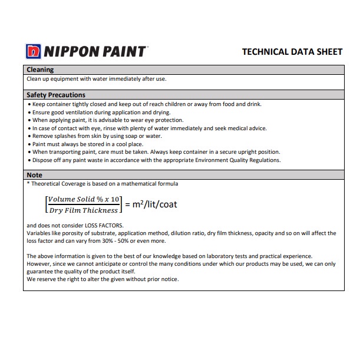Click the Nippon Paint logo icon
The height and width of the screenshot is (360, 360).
point(34,51)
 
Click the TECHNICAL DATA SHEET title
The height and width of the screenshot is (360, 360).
point(292,52)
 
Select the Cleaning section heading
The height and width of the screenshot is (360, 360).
point(40,70)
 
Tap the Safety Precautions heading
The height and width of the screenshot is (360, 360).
point(56,95)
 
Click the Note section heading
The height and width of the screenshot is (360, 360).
point(35,175)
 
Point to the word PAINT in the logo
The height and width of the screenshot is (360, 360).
point(122,51)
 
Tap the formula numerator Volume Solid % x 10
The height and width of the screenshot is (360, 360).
point(84,199)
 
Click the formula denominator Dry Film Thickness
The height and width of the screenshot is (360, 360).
point(84,210)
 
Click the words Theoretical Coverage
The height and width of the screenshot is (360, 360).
point(57,184)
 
